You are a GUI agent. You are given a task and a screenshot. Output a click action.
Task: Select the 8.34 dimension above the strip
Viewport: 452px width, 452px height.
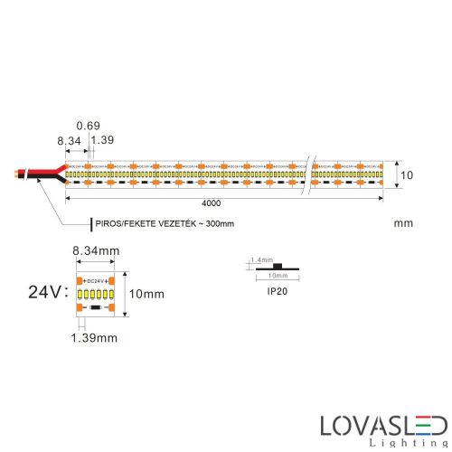pyautogui.click(x=68, y=141)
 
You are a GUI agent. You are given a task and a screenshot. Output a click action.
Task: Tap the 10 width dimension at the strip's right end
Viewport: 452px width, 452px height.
pyautogui.click(x=407, y=174)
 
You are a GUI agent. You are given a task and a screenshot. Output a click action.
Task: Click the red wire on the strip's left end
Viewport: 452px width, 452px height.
pyautogui.click(x=45, y=169)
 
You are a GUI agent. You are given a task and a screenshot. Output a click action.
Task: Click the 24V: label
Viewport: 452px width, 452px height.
pyautogui.click(x=47, y=292)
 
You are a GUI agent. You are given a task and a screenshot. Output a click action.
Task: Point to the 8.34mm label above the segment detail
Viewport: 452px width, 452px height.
pyautogui.click(x=96, y=249)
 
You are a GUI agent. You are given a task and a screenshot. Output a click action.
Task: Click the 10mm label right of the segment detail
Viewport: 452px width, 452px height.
pyautogui.click(x=146, y=294)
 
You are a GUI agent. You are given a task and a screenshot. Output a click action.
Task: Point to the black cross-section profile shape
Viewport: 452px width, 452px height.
pyautogui.click(x=278, y=266)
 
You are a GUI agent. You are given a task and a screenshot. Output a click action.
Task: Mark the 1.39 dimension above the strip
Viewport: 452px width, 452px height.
pyautogui.click(x=105, y=141)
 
